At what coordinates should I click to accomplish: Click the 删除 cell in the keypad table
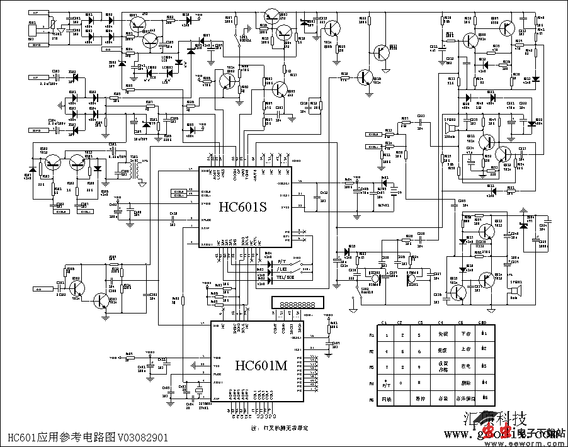pos(466,382)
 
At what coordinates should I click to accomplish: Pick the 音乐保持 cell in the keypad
pos(466,399)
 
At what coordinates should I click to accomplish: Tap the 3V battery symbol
pos(394,188)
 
